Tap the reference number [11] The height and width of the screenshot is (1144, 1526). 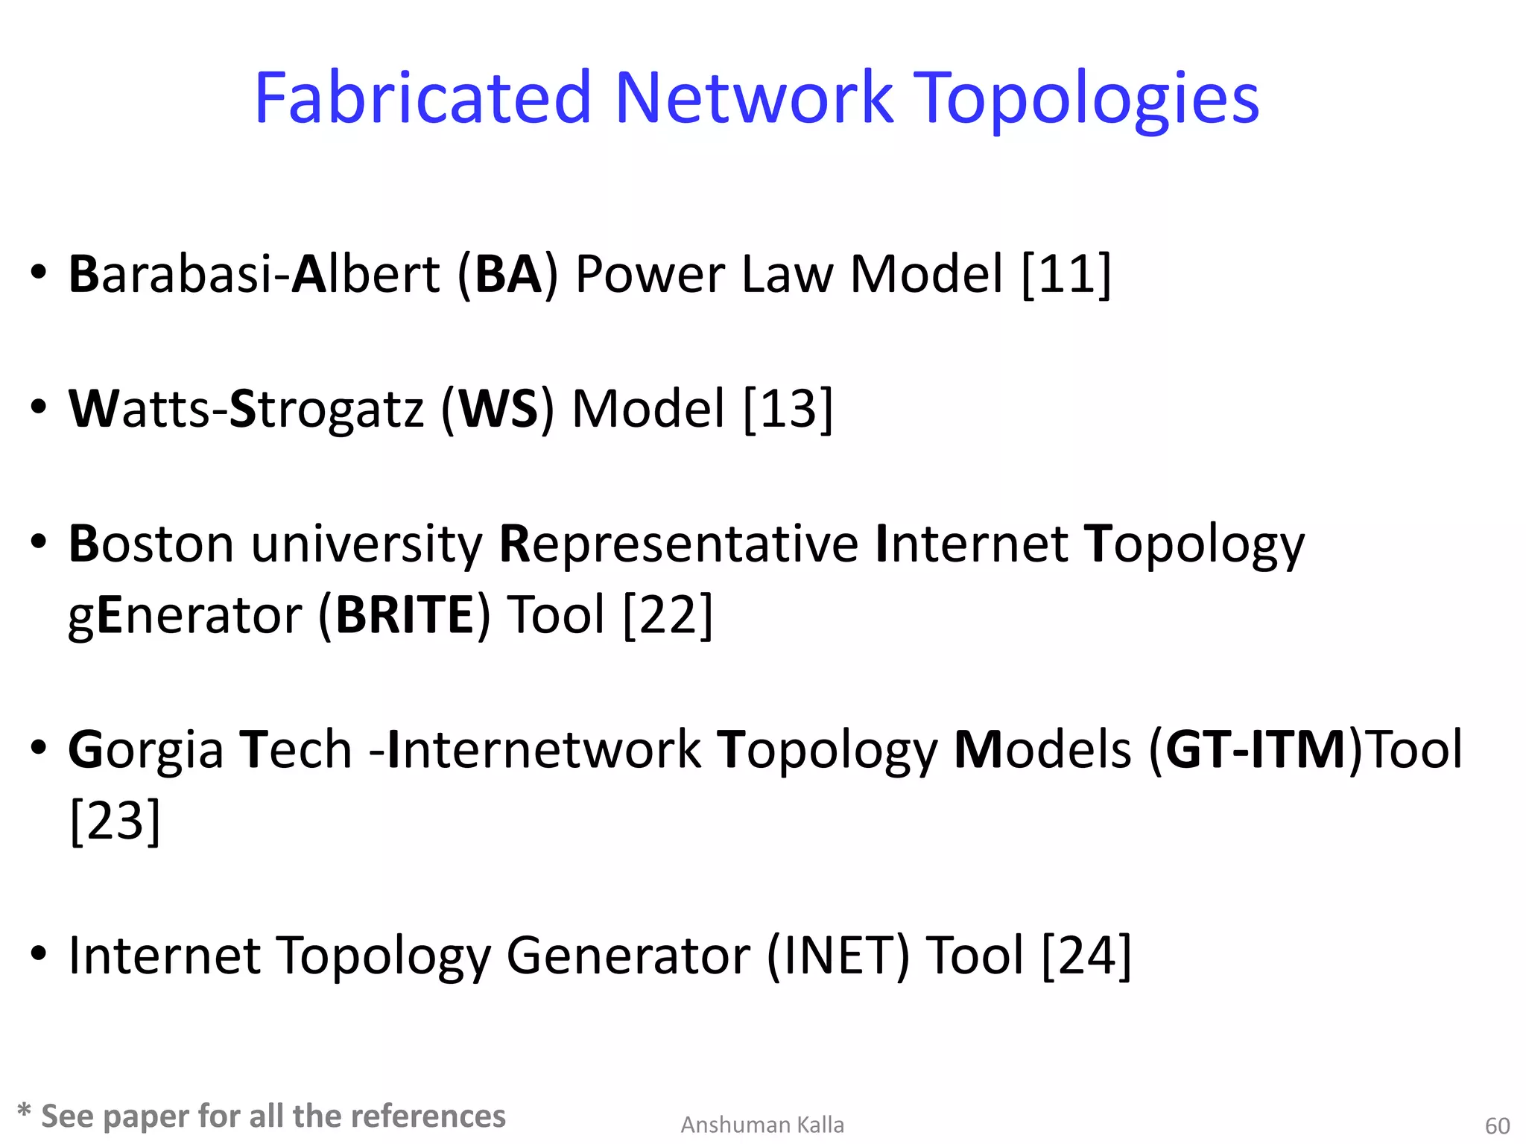[x=1066, y=274]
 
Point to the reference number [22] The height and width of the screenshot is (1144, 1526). [x=668, y=615]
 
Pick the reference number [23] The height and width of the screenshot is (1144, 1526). [x=115, y=820]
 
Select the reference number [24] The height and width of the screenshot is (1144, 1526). [x=1086, y=955]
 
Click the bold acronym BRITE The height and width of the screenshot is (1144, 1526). [x=405, y=615]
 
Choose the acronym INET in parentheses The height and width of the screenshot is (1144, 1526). [x=838, y=955]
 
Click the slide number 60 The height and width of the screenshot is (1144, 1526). [x=1497, y=1125]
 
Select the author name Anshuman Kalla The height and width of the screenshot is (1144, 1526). [x=762, y=1125]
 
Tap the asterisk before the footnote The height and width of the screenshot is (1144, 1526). [x=24, y=1113]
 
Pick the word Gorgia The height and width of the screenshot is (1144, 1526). [x=145, y=749]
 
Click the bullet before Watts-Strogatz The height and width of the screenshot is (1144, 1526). [x=39, y=407]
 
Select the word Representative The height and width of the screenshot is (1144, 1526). [x=678, y=544]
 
